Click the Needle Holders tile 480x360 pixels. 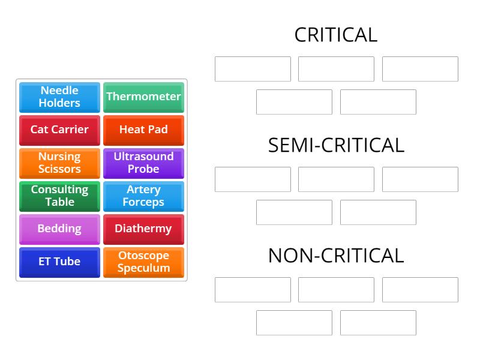pos(59,97)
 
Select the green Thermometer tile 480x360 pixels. pos(143,97)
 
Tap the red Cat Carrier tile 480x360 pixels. pos(59,130)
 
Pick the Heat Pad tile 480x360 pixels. pos(143,130)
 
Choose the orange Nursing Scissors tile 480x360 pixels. pos(59,163)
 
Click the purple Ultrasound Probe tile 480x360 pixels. pos(143,163)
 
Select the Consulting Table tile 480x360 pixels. pos(59,196)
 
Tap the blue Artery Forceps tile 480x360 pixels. pos(143,196)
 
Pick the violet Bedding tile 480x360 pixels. pos(59,229)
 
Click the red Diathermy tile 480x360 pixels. pos(143,229)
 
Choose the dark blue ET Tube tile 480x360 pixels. pos(59,262)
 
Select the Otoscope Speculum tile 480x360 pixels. pos(143,262)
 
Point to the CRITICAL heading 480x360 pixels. pos(336,35)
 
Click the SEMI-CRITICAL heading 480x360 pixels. pos(336,145)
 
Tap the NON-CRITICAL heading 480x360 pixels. pos(336,256)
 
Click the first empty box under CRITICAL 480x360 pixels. pos(253,69)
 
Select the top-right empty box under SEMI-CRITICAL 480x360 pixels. pos(420,179)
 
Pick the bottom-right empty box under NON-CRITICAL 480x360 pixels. pos(378,323)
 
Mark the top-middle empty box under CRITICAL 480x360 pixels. pos(336,69)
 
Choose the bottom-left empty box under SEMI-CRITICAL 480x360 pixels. pos(294,212)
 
